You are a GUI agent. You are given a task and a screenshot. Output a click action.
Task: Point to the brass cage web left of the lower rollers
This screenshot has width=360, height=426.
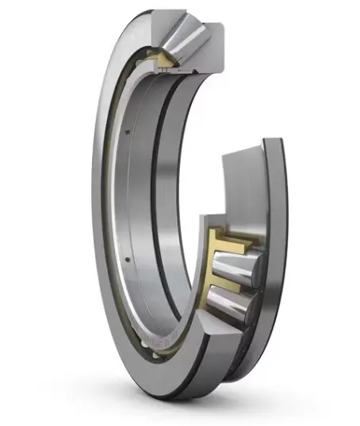(x=213, y=274)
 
